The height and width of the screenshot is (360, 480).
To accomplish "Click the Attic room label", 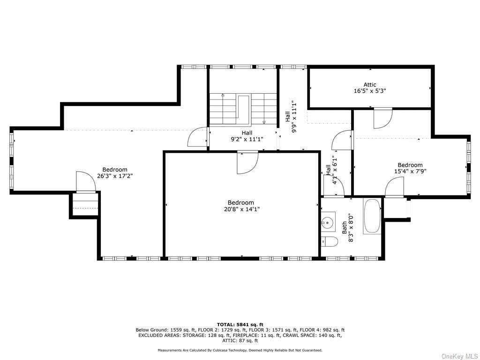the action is click(x=370, y=84).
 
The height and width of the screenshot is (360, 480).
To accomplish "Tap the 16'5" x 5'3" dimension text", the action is click(x=370, y=91).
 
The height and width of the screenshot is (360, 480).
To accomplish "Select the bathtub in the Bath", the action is click(x=372, y=216).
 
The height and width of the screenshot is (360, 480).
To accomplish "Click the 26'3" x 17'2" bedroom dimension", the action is click(x=115, y=176).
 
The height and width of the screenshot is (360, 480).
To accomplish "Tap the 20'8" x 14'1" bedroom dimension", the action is click(x=241, y=209).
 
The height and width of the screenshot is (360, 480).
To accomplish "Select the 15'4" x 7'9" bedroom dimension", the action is click(x=410, y=172).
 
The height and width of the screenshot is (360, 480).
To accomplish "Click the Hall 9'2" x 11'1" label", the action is click(x=247, y=136).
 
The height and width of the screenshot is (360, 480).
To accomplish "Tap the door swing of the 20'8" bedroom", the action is click(x=248, y=163).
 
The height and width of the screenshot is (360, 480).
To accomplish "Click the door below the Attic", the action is click(x=383, y=119).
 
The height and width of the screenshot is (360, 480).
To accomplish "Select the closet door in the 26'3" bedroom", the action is click(x=86, y=182).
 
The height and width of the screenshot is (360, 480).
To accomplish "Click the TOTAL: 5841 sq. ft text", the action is click(x=240, y=324).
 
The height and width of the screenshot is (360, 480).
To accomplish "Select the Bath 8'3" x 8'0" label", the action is click(x=348, y=228).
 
